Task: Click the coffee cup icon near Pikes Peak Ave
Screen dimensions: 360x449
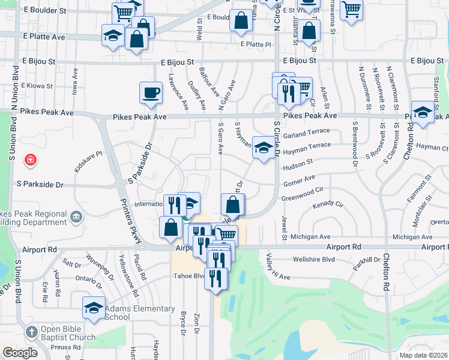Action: (151, 92)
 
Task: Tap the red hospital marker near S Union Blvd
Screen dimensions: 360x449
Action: (29, 160)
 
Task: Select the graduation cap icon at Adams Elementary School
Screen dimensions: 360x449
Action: (94, 307)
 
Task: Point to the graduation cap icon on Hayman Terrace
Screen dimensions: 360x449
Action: (263, 148)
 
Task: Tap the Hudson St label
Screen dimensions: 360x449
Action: (301, 162)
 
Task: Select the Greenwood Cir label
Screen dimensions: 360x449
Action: (302, 193)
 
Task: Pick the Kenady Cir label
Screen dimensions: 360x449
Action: (328, 206)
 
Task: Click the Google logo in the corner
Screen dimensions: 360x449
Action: (20, 353)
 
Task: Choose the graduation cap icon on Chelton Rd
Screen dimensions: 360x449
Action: (423, 112)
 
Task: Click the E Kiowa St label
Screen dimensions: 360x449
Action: (38, 86)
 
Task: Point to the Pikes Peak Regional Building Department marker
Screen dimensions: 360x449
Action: (76, 217)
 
